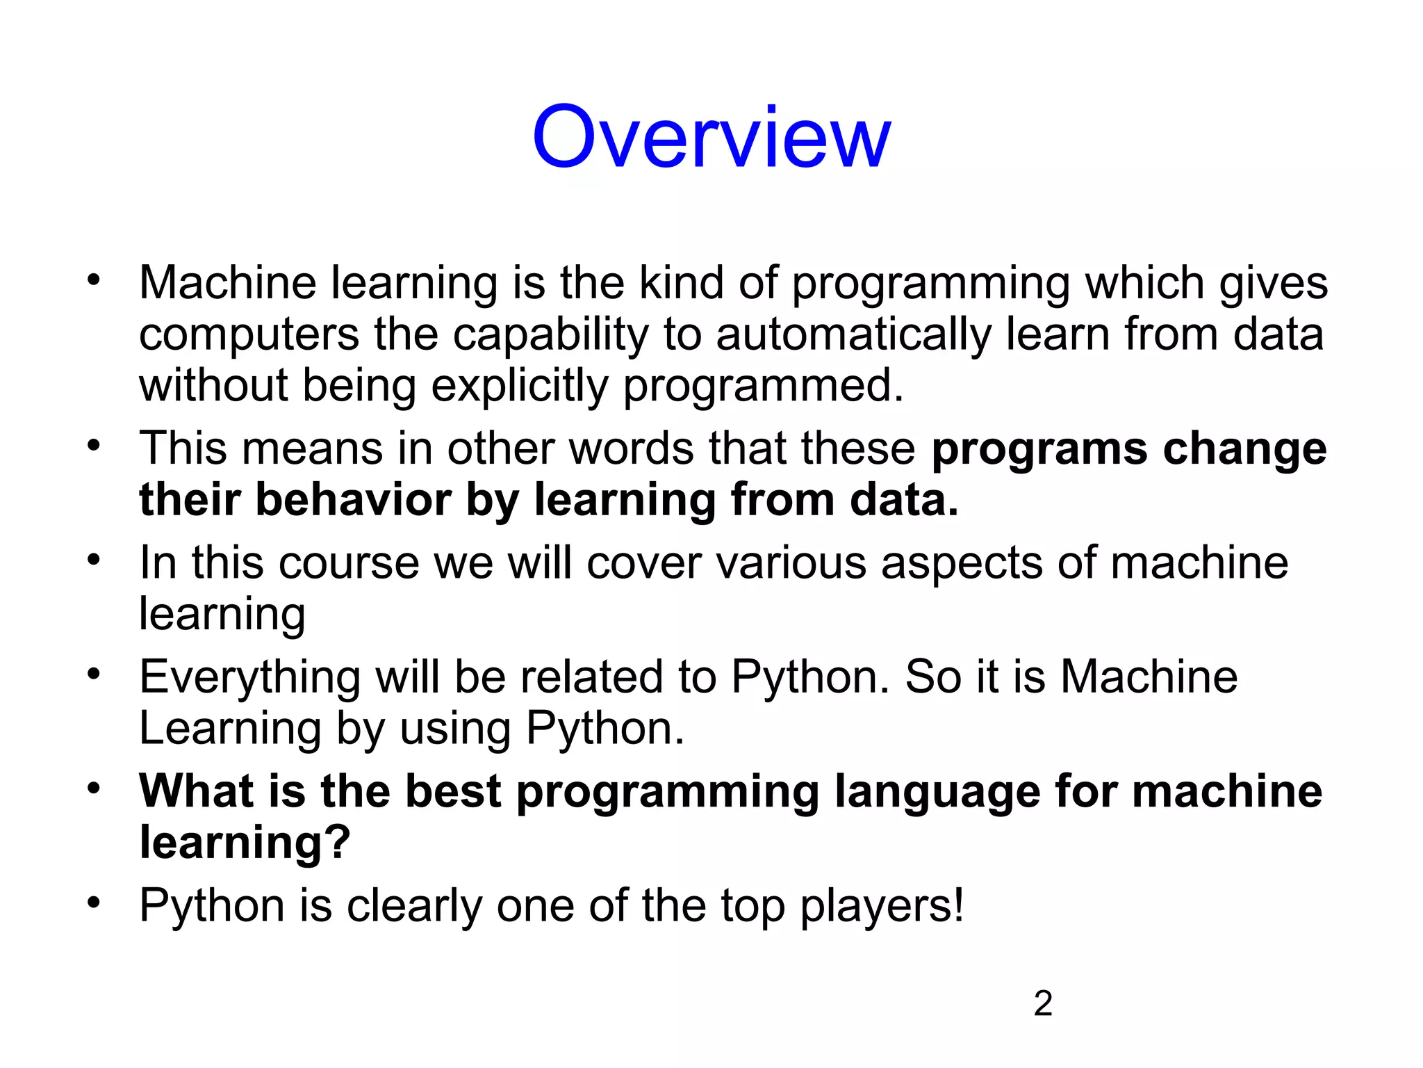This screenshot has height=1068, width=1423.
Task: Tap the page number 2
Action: (x=1043, y=1003)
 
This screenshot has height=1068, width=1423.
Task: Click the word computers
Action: (x=249, y=335)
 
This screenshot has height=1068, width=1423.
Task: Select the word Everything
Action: (x=249, y=677)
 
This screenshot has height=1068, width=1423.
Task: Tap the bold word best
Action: (x=453, y=791)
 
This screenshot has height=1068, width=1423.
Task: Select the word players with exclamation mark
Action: (x=882, y=906)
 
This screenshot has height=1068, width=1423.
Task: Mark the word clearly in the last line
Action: (x=414, y=906)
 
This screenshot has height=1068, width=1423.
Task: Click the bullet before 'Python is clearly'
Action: (x=94, y=903)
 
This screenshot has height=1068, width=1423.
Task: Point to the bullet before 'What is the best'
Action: (x=94, y=788)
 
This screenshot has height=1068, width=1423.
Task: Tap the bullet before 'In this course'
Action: (x=94, y=560)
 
